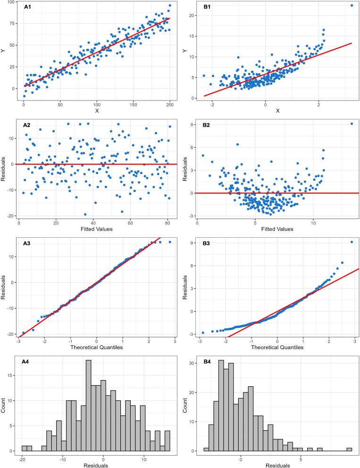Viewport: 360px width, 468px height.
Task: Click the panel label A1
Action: click(x=27, y=7)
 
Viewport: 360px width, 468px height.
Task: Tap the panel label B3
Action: click(x=206, y=243)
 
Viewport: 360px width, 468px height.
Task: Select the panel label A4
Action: click(x=25, y=362)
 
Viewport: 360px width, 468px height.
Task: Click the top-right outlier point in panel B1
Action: click(x=352, y=5)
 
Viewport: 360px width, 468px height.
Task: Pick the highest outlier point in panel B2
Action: click(x=352, y=124)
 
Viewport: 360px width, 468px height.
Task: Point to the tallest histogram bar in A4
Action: click(x=89, y=406)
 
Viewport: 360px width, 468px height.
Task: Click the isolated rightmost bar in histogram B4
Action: click(x=349, y=450)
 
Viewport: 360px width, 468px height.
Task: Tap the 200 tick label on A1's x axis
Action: click(x=170, y=105)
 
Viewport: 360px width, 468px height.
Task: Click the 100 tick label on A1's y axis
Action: click(x=11, y=2)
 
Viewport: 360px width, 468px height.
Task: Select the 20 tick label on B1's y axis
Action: click(x=192, y=16)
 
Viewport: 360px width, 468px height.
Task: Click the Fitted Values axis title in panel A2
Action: click(x=96, y=229)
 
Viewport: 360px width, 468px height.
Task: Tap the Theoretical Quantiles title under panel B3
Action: click(x=277, y=347)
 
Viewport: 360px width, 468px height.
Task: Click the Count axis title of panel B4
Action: click(x=185, y=405)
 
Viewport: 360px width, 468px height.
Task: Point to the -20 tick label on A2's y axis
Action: click(x=11, y=216)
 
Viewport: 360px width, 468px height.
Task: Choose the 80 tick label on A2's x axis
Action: click(x=167, y=223)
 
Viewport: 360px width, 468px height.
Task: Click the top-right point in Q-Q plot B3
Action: click(x=352, y=242)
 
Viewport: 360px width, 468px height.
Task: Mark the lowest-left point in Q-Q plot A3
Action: click(x=23, y=333)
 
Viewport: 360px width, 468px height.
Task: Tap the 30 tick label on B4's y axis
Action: click(x=192, y=363)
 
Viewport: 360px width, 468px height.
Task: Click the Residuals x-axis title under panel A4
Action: click(x=96, y=465)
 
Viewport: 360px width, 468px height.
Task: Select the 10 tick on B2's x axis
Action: click(x=313, y=223)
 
